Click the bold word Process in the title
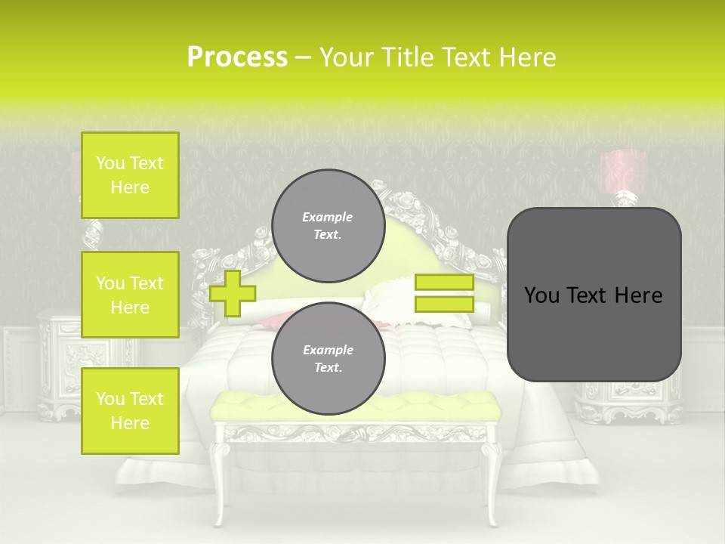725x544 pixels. pyautogui.click(x=237, y=57)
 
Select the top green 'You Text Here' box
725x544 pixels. pyautogui.click(x=130, y=175)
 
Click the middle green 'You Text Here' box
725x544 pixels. pyautogui.click(x=130, y=295)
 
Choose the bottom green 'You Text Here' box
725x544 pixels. pyautogui.click(x=130, y=411)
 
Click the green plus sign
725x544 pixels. pyautogui.click(x=232, y=294)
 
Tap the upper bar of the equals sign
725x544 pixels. pyautogui.click(x=444, y=283)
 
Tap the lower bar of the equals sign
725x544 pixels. pyautogui.click(x=444, y=304)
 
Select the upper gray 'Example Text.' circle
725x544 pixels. pyautogui.click(x=328, y=225)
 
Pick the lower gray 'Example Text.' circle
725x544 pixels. pyautogui.click(x=328, y=358)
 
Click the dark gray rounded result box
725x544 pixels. pyautogui.click(x=594, y=295)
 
